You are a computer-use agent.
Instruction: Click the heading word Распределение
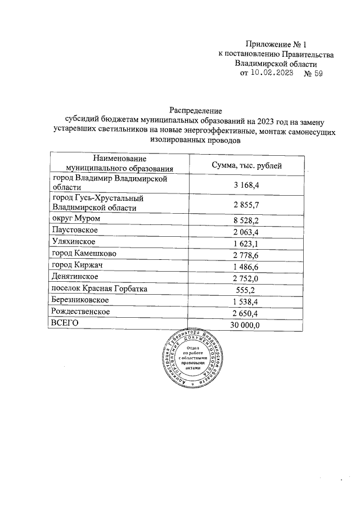pos(196,110)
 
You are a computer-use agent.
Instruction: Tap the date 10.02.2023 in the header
pos(273,73)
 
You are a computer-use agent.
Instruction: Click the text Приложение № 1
pos(278,44)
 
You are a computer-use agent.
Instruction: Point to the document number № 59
pos(313,73)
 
